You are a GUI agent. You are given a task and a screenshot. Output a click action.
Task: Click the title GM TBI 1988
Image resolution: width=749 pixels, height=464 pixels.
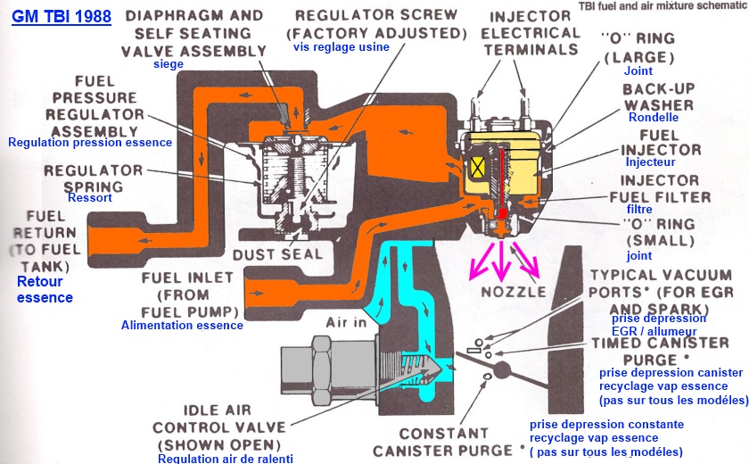point(62,15)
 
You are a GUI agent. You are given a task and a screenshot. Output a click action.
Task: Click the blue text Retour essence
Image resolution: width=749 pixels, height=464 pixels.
point(45,289)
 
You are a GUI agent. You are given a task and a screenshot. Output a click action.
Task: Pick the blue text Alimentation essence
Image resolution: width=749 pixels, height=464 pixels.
point(182,326)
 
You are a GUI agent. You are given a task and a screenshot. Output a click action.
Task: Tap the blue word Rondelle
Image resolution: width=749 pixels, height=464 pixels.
point(654,117)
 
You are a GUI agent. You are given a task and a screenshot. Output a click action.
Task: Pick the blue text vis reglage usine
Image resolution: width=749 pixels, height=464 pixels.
point(342,46)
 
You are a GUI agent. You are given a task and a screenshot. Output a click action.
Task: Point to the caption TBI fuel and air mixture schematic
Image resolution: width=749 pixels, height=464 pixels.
point(672,5)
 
